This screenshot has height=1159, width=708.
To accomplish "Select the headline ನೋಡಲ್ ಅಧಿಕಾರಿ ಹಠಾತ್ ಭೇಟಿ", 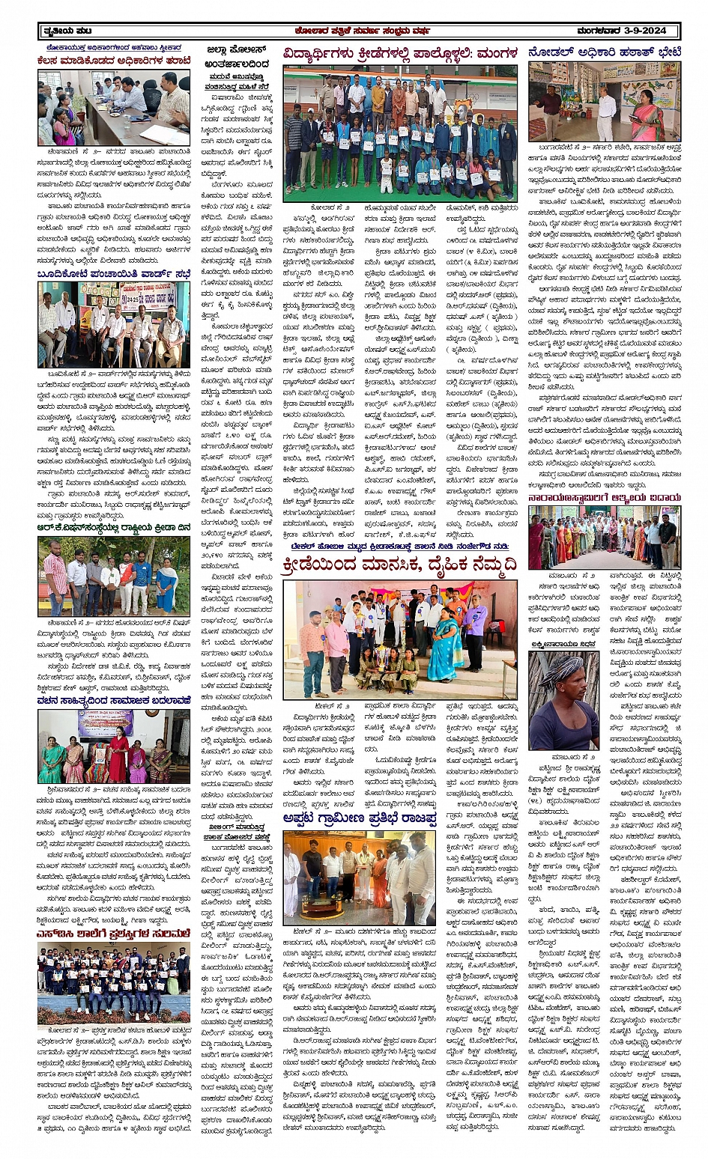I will pos(604,52).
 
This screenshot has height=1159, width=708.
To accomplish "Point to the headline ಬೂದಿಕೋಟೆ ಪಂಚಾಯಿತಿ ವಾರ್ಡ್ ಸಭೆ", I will pos(113,274).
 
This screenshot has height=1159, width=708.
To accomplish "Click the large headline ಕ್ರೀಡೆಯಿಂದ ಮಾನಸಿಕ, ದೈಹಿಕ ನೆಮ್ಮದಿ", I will pos(399,567).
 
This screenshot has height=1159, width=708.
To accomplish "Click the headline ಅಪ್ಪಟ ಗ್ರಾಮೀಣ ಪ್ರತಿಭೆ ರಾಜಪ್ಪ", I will pos(359,820).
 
